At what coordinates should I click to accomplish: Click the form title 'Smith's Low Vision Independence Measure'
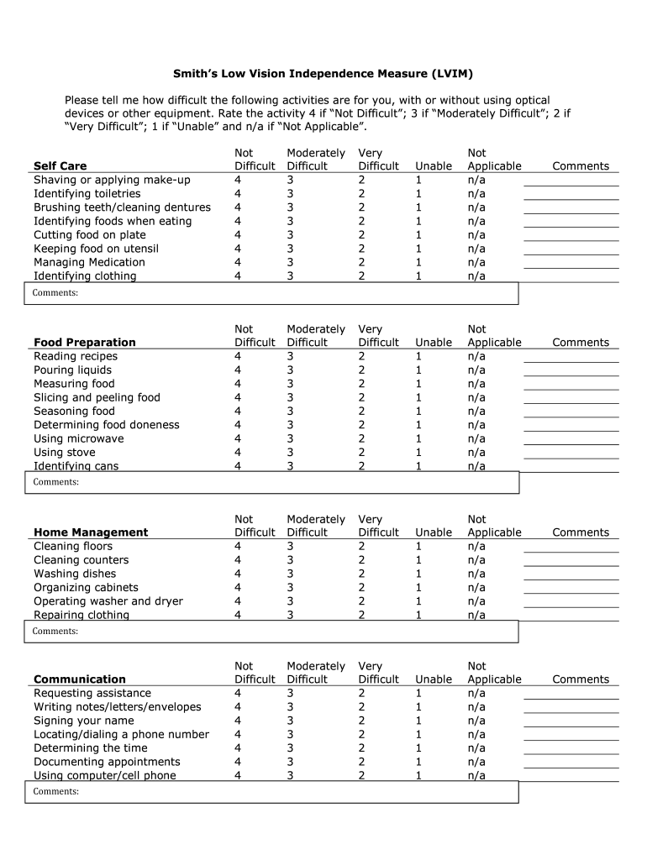coord(323,74)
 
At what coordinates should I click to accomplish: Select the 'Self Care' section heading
coord(60,166)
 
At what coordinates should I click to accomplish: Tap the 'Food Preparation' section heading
coord(84,343)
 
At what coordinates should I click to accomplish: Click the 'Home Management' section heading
coord(90,532)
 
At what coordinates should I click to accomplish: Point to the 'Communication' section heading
coord(79,679)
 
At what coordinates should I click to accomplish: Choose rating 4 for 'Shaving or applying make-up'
coord(238,181)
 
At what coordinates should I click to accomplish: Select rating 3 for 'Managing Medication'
coord(290,263)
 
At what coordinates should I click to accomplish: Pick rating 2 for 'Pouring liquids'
coord(361,370)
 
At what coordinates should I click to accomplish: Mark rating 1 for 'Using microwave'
coord(418,439)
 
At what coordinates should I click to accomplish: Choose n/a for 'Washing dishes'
coord(476,574)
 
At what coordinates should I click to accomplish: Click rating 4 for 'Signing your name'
coord(238,721)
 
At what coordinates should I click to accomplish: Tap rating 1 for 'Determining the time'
coord(418,748)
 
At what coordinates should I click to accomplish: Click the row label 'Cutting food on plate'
coord(89,235)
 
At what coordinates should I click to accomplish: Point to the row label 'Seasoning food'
coord(85,412)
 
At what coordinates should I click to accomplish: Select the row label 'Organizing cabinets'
coord(86,588)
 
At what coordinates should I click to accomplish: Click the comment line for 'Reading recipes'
coord(571,359)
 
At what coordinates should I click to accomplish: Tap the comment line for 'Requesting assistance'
coord(571,696)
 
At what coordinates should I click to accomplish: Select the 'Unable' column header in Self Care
coord(434,166)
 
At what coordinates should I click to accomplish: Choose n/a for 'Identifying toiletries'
coord(476,194)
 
